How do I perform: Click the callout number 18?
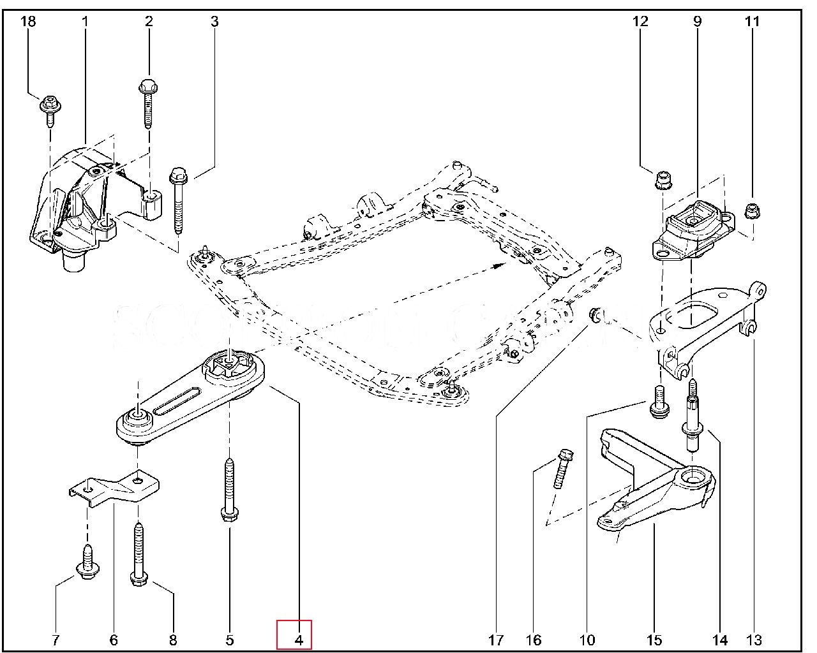(x=28, y=22)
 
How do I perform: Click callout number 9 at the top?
(x=698, y=22)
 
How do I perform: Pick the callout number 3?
(x=214, y=22)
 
